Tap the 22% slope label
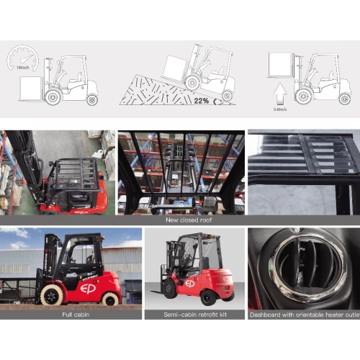click(201, 100)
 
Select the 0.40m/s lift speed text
click(279, 109)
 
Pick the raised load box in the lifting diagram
click(280, 66)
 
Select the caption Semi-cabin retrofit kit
click(192, 315)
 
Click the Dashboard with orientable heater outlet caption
click(303, 315)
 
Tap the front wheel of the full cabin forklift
click(53, 294)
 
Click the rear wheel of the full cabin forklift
click(110, 298)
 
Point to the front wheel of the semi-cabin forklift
click(171, 289)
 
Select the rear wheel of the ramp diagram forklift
click(227, 95)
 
